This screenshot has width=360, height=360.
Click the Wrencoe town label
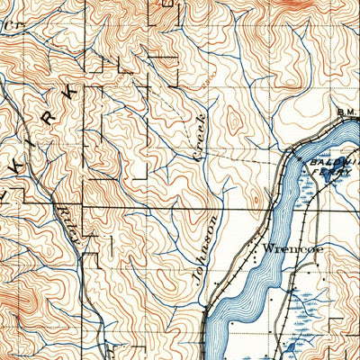pyautogui.click(x=287, y=245)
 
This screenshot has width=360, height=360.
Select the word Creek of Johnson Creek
pyautogui.click(x=201, y=136)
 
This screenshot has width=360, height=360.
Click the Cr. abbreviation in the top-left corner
pyautogui.click(x=11, y=26)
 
